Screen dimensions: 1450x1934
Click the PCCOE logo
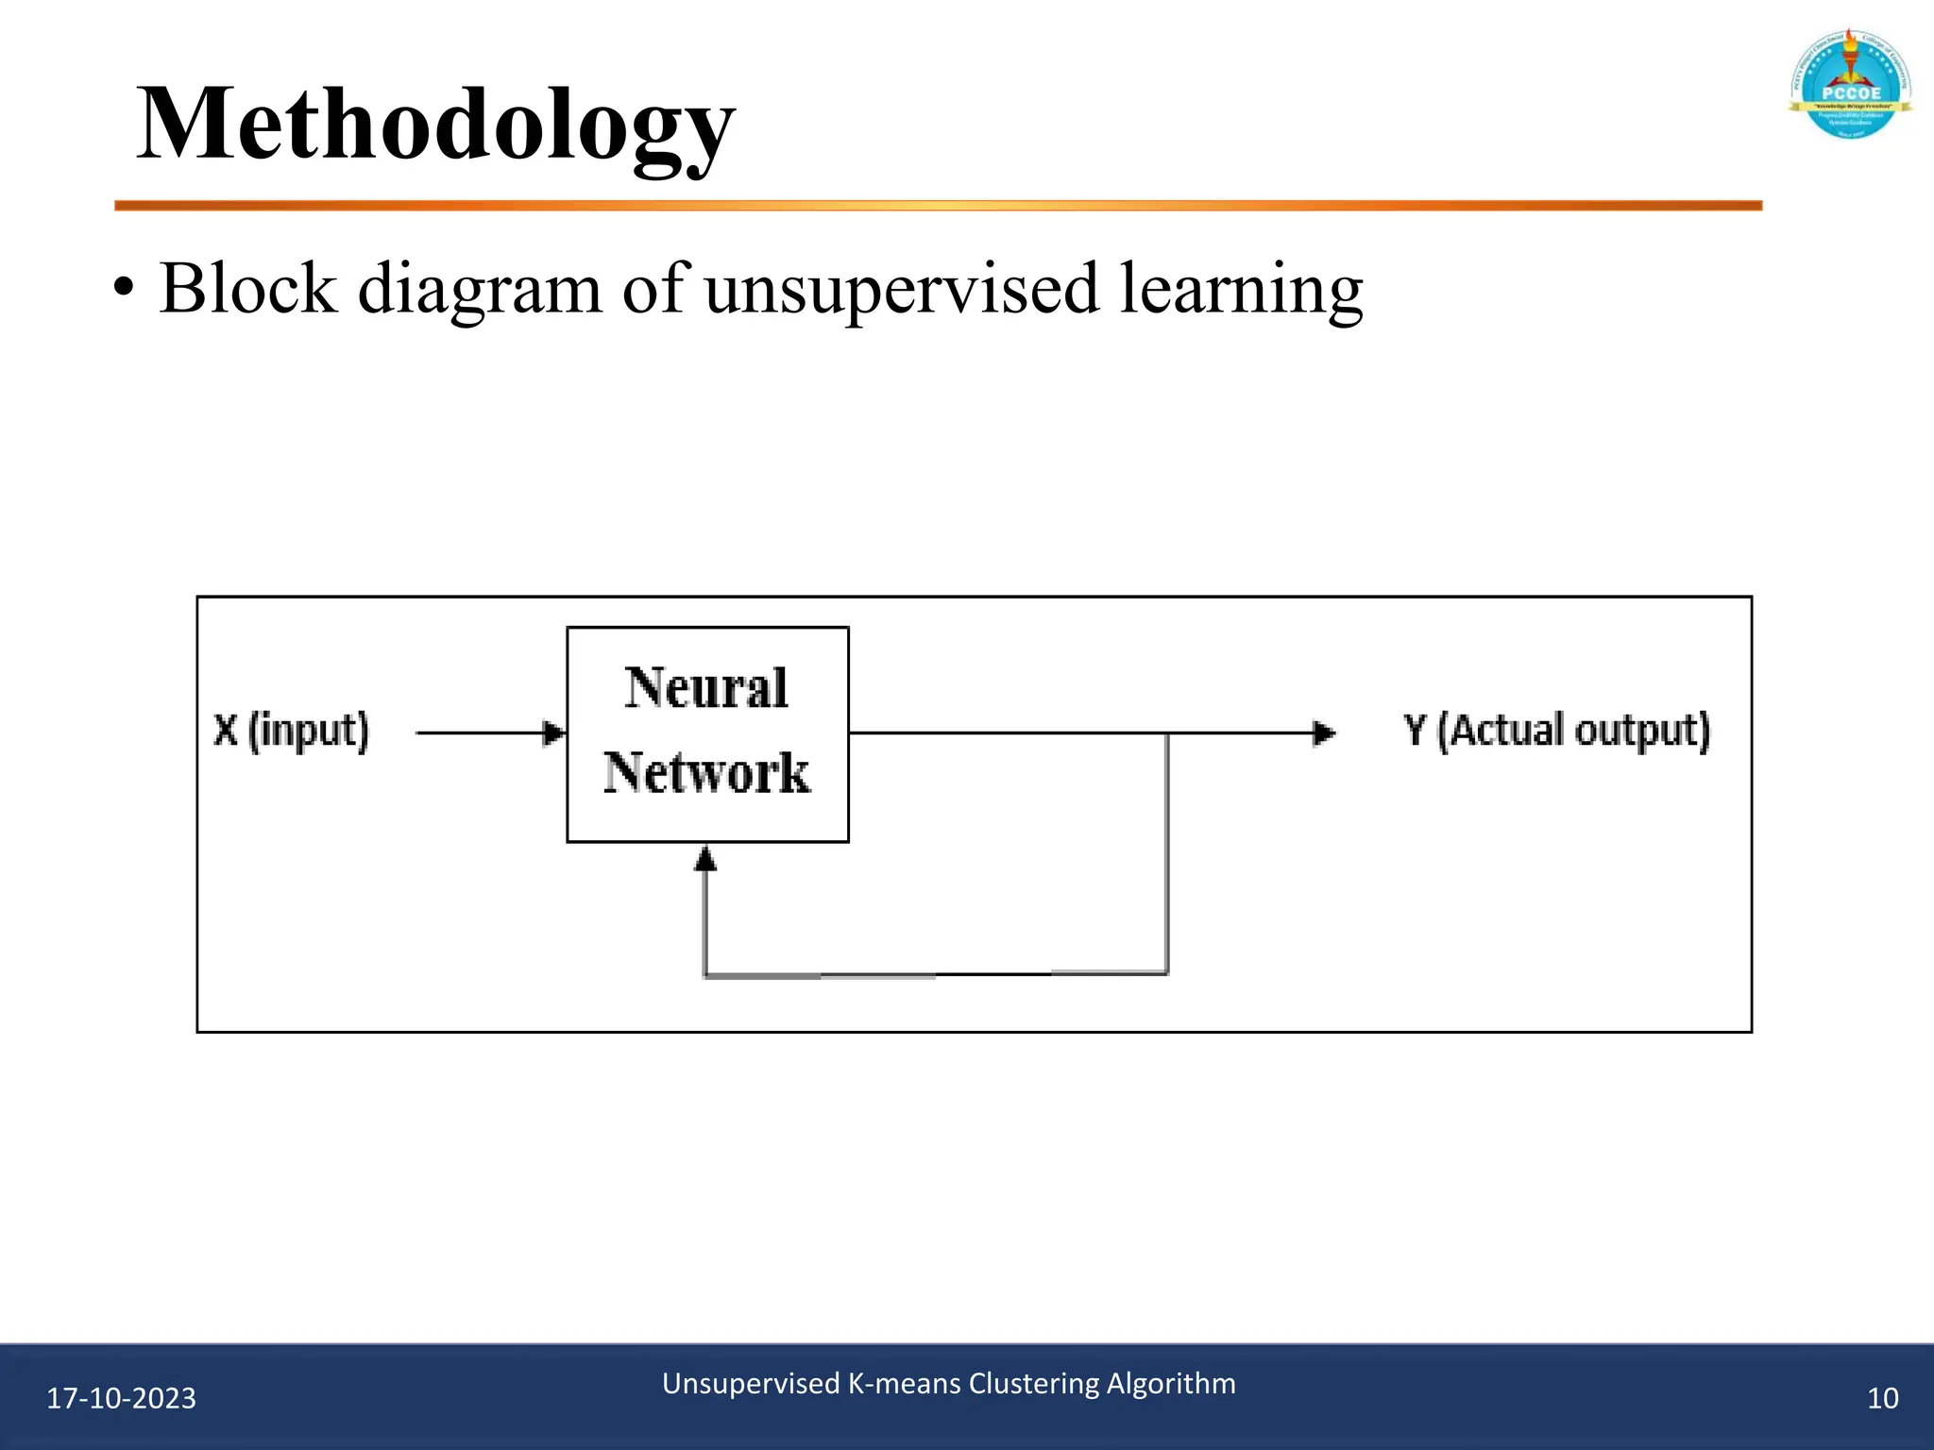tap(1850, 86)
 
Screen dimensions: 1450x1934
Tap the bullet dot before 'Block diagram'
tap(122, 289)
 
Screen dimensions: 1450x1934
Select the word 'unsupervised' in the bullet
tap(901, 289)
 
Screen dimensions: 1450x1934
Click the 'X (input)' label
tap(291, 732)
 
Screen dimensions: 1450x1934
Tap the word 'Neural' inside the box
tap(706, 687)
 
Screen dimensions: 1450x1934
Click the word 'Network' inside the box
tap(706, 772)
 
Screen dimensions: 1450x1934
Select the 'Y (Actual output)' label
tap(1556, 732)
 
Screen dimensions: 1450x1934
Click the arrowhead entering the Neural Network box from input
tap(555, 733)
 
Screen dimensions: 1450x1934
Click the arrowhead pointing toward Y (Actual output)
tap(1325, 733)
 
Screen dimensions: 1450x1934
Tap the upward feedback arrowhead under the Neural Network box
tap(705, 857)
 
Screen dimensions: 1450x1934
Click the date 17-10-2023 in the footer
tap(121, 1398)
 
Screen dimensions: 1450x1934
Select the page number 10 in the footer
tap(1882, 1398)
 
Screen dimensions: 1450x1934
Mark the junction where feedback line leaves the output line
tap(1167, 733)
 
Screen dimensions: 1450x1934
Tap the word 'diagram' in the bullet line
tap(479, 289)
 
